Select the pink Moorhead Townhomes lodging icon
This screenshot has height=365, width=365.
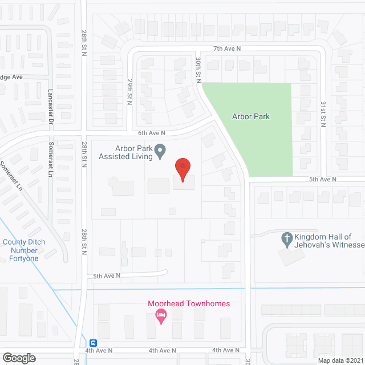[x=161, y=315]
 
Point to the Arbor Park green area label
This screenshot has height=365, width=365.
[x=251, y=116]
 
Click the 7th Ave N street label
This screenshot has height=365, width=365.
[x=228, y=49]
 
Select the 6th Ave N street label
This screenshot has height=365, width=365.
[x=151, y=133]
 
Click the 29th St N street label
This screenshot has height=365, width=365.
[x=130, y=92]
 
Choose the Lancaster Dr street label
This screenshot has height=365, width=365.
[x=50, y=106]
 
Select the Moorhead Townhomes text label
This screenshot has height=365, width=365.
[x=189, y=303]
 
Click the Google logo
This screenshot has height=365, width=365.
[x=18, y=358]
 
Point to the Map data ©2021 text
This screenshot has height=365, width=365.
[x=340, y=360]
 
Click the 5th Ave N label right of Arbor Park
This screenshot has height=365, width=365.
[x=323, y=179]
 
